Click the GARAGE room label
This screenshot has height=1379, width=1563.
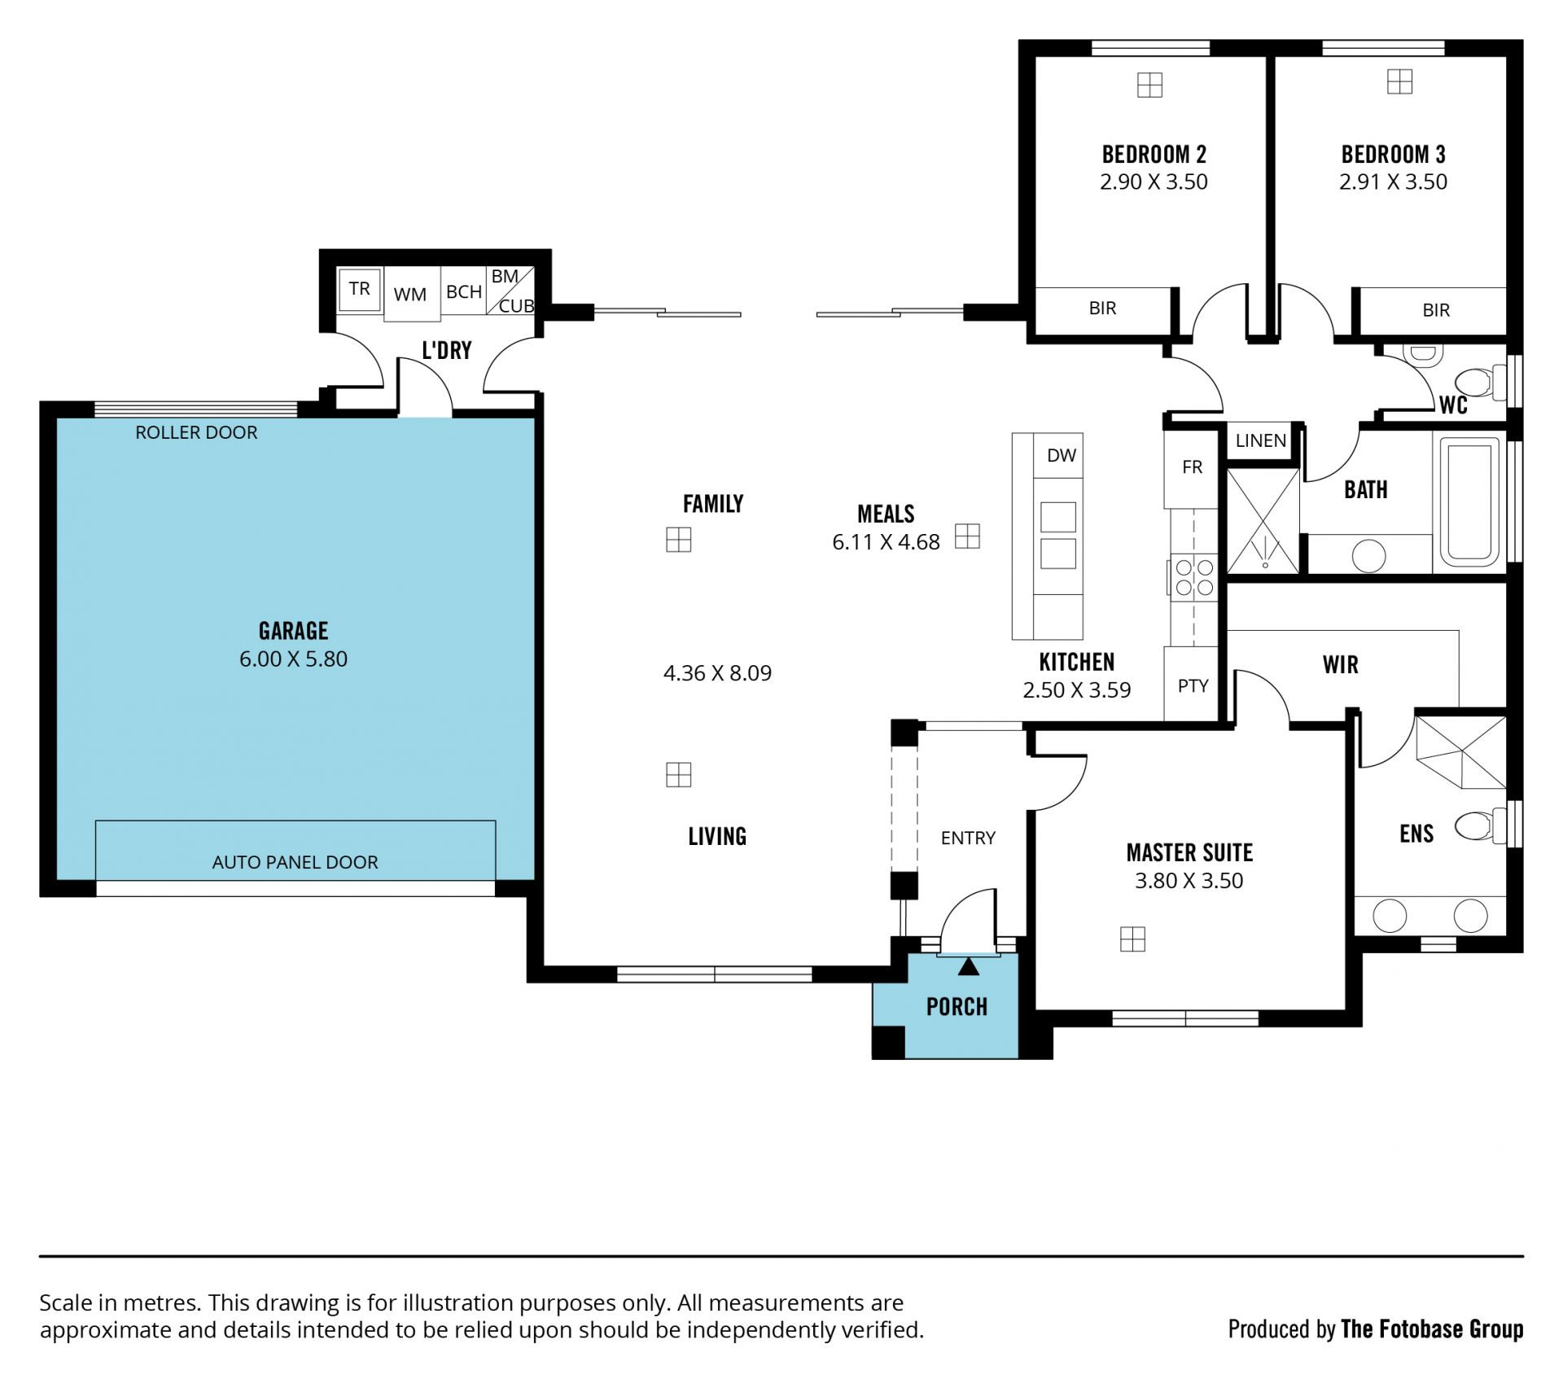(293, 631)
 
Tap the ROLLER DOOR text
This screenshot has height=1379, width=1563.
(196, 432)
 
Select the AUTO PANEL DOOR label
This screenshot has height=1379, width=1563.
(295, 862)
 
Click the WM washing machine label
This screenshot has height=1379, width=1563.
(409, 295)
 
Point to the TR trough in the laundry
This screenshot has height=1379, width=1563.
(359, 289)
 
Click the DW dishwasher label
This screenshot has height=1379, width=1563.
(1062, 456)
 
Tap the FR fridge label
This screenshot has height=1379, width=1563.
(1192, 467)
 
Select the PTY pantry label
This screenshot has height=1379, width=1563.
(1193, 686)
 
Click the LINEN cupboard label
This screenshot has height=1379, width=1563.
(1260, 441)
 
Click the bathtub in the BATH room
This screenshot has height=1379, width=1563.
(1470, 501)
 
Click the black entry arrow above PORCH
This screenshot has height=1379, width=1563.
(968, 966)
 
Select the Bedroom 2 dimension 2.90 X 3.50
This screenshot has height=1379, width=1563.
(1154, 182)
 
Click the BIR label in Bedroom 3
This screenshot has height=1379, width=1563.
(1436, 310)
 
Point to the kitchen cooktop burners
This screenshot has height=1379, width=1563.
(1194, 577)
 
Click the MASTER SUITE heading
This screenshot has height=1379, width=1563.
(1189, 853)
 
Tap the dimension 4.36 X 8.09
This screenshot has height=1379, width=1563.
(717, 673)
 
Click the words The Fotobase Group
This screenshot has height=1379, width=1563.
(1432, 1329)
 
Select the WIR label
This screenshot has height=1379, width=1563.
(1341, 665)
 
